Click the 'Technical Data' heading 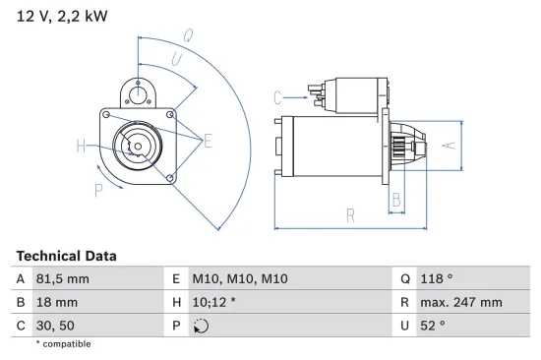(x=66, y=256)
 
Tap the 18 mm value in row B (x=56, y=303)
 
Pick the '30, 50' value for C (x=55, y=327)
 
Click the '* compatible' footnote (x=63, y=344)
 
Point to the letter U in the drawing (x=177, y=60)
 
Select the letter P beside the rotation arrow (x=98, y=189)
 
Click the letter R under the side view (x=350, y=215)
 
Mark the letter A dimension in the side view (x=448, y=144)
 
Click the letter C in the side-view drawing (x=278, y=96)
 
